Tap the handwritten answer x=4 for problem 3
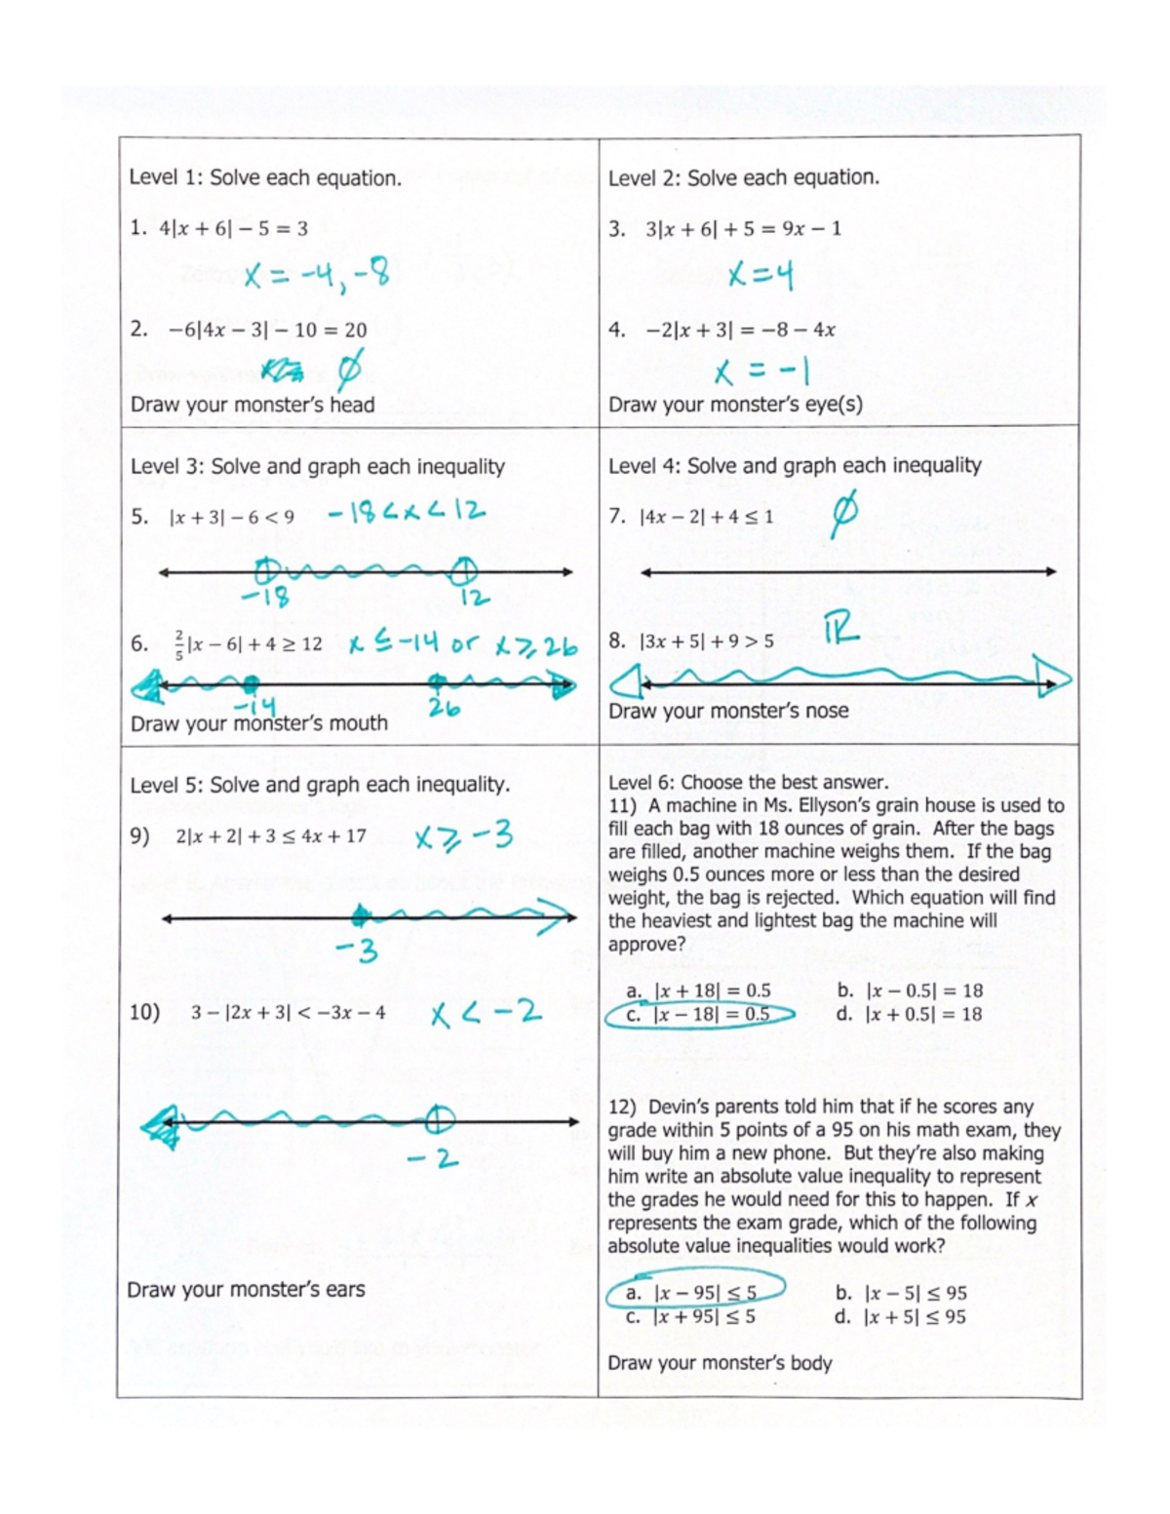(x=760, y=277)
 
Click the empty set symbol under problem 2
(x=350, y=369)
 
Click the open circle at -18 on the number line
(x=266, y=570)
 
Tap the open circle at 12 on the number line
(x=464, y=568)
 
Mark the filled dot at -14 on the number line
(x=252, y=683)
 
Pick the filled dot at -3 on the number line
(x=360, y=915)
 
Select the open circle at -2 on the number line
(x=440, y=1119)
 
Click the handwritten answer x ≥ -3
(x=463, y=837)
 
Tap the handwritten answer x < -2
(x=486, y=1014)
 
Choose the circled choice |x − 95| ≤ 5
(x=693, y=1293)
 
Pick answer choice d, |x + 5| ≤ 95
(x=901, y=1317)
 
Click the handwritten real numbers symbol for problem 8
(x=841, y=630)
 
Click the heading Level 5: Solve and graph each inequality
(x=320, y=785)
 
